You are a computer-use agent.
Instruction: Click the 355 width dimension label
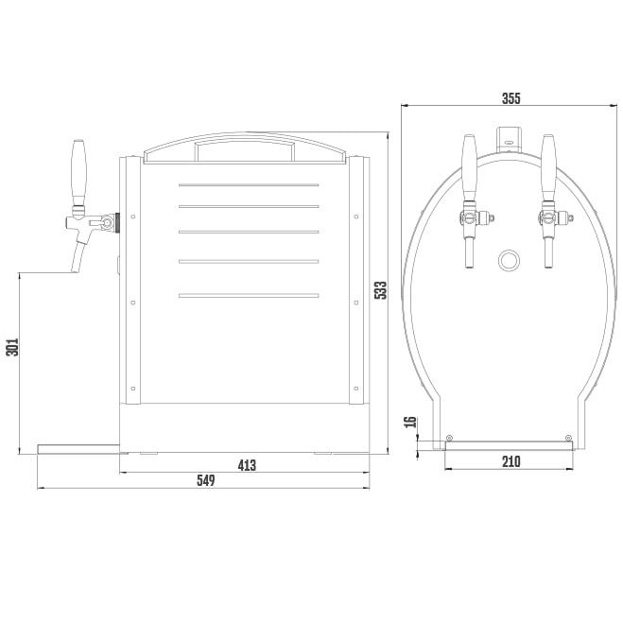click(511, 98)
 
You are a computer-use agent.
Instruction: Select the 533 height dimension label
click(381, 290)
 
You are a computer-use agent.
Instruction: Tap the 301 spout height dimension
click(12, 347)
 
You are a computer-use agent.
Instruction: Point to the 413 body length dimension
click(247, 465)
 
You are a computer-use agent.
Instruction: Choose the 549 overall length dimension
click(206, 480)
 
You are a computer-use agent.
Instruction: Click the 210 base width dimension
click(511, 461)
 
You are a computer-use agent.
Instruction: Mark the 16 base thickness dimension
click(410, 422)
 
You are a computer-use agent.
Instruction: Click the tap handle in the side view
click(78, 172)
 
